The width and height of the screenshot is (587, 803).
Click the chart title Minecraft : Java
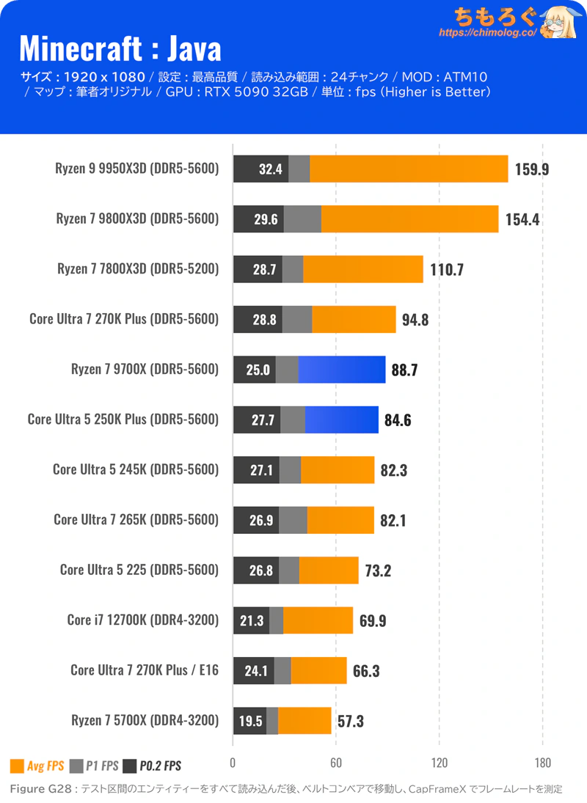(x=120, y=49)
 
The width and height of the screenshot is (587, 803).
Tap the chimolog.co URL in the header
(x=488, y=32)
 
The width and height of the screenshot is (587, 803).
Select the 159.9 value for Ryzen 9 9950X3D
(x=532, y=169)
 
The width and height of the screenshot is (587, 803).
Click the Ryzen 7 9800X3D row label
(x=137, y=219)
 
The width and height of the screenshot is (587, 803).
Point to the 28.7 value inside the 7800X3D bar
(x=264, y=269)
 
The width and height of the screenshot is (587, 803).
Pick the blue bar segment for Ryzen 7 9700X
(x=342, y=370)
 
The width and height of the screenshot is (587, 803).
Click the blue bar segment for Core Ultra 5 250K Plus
(x=342, y=419)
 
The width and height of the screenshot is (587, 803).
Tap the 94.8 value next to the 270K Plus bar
(x=415, y=320)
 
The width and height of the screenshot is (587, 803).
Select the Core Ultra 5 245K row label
(x=136, y=469)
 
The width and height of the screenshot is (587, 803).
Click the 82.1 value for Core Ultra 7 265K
(x=393, y=521)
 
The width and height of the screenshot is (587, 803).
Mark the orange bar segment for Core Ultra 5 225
(x=329, y=570)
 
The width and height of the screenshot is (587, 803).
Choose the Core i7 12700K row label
(x=143, y=620)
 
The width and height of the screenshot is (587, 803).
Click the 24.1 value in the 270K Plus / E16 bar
(x=256, y=671)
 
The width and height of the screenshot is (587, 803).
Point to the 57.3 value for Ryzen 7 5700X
(x=350, y=721)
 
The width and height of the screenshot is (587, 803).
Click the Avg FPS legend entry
(x=37, y=766)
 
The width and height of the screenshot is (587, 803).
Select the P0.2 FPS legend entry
(x=152, y=766)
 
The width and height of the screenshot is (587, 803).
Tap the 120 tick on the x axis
(x=439, y=763)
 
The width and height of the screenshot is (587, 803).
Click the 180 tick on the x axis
(x=542, y=763)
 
